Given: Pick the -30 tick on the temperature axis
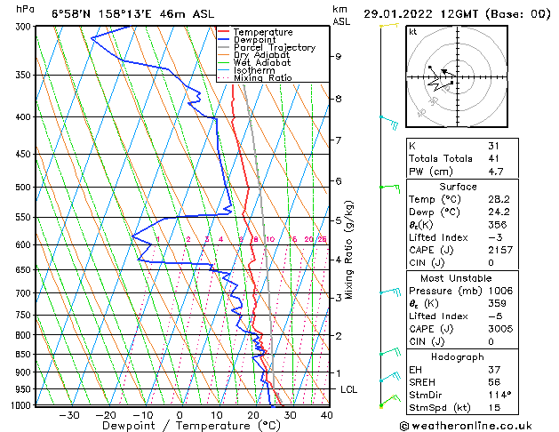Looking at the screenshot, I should coord(68,415).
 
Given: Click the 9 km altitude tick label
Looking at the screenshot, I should coord(339,56).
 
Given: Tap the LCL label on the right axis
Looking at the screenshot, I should coord(349,389).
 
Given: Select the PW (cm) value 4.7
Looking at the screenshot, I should coord(496,172).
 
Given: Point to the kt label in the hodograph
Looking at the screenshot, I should coord(412,31).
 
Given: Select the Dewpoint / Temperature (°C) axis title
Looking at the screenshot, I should coord(179,426).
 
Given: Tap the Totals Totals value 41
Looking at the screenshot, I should coord(494,158).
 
